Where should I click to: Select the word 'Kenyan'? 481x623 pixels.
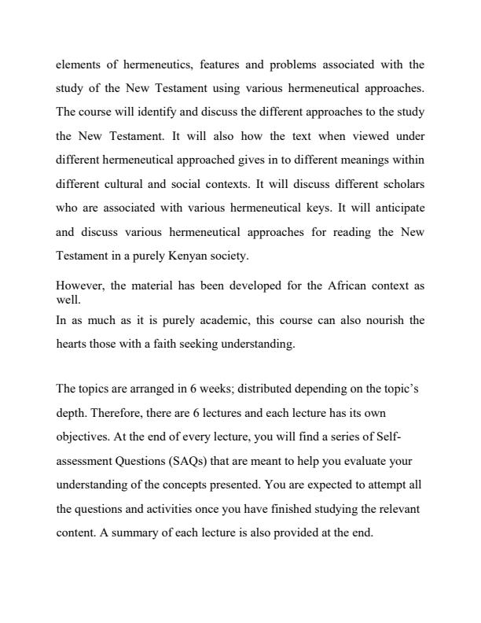pos(207,255)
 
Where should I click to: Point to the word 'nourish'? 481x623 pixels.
pos(385,320)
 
